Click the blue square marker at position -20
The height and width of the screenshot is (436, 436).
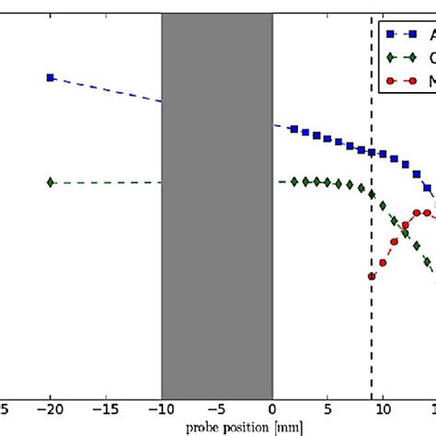[x=51, y=77]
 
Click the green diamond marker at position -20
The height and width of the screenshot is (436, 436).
[x=51, y=182]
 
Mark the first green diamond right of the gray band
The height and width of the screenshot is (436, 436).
[x=294, y=181]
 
